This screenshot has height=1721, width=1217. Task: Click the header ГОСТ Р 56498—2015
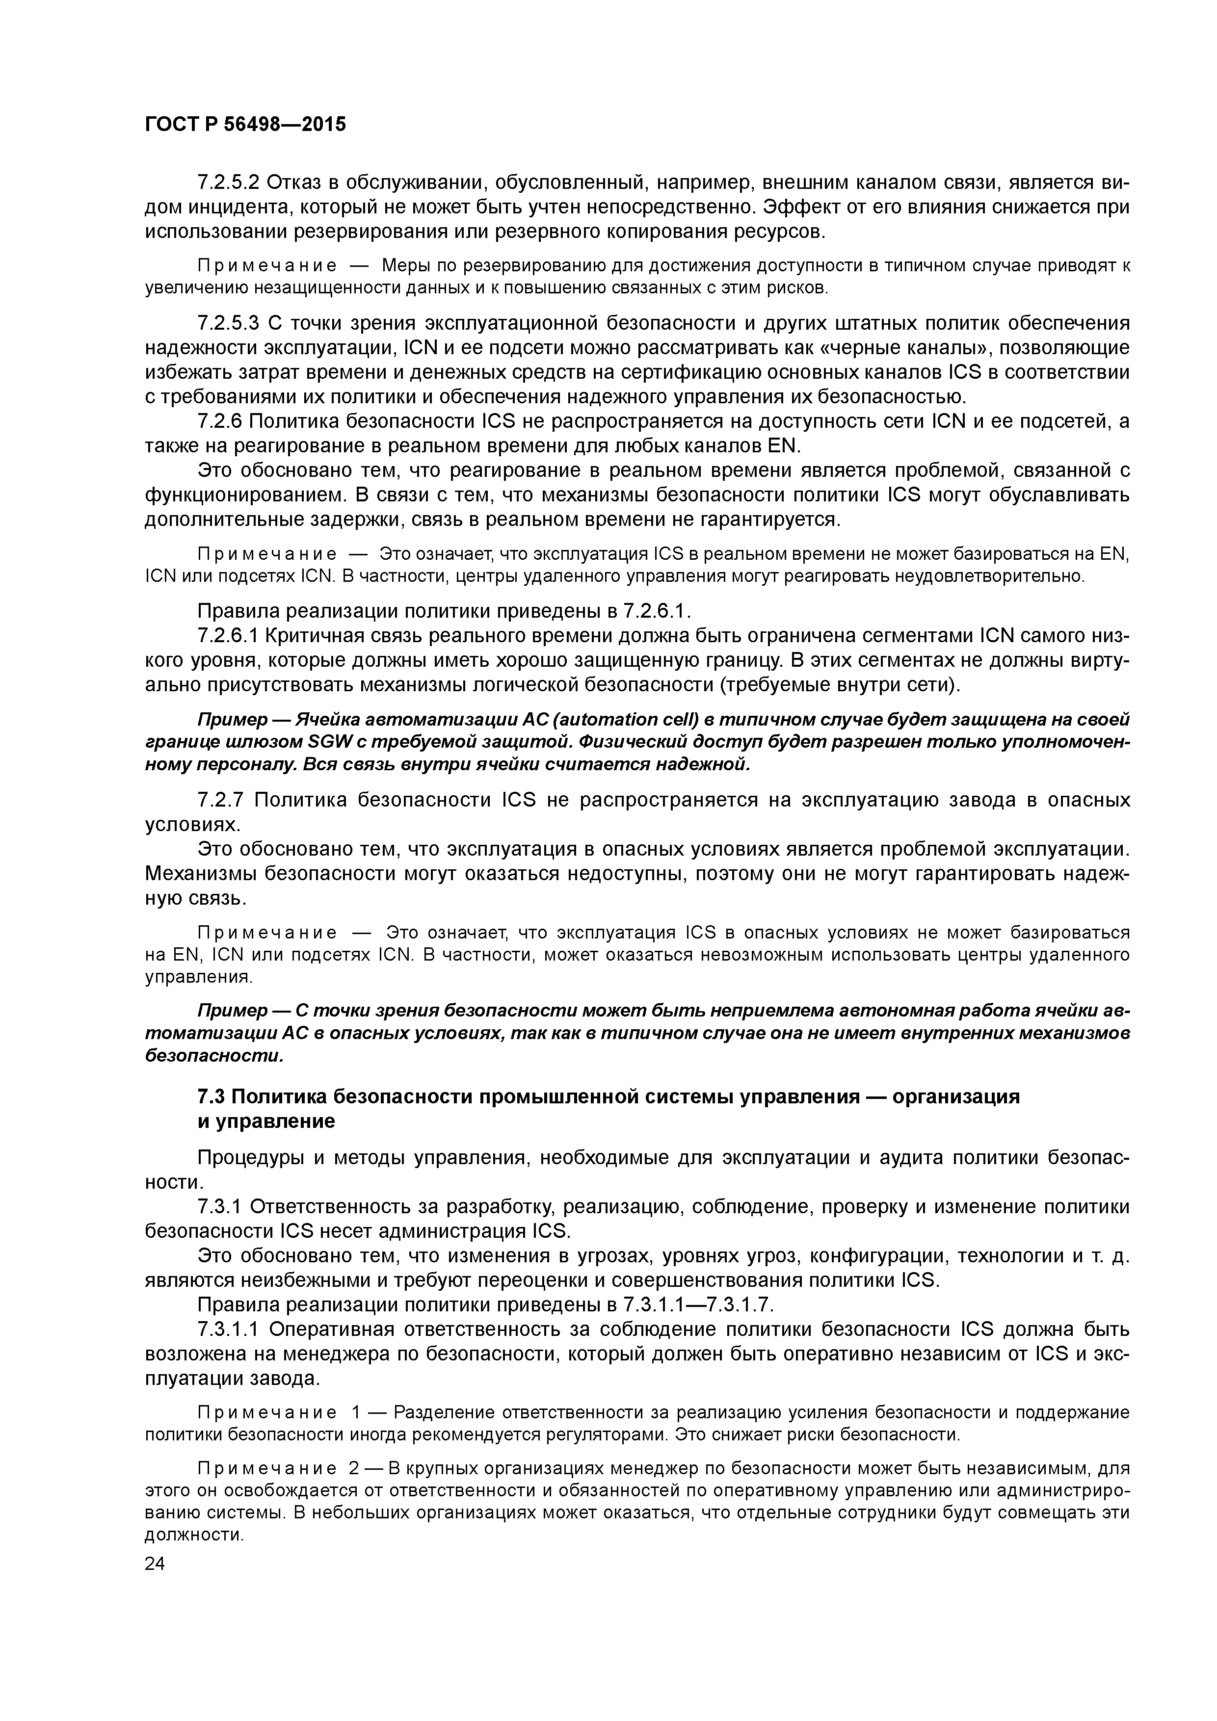point(245,125)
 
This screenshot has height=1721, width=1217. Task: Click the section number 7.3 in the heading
point(210,1096)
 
